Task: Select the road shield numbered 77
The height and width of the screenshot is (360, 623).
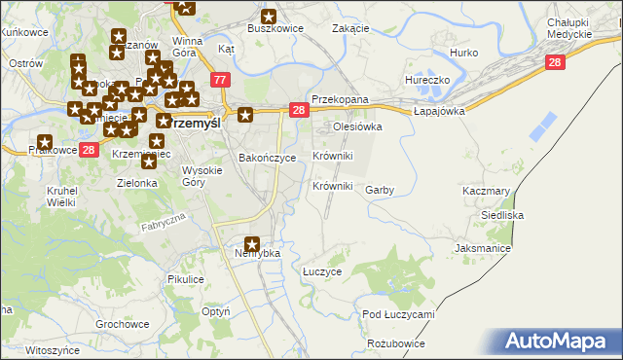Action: tap(220, 80)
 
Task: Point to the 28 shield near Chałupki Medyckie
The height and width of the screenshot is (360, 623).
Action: tap(555, 61)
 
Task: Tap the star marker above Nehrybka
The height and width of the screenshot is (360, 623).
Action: tap(253, 244)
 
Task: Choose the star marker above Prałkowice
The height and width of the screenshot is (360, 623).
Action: tap(44, 142)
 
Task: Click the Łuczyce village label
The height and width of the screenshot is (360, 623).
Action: tap(322, 272)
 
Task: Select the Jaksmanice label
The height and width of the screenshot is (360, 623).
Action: tap(482, 249)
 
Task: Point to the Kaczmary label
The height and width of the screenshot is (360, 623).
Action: tap(487, 191)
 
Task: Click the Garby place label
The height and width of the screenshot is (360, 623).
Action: tap(379, 191)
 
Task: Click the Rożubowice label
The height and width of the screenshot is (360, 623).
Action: tap(396, 344)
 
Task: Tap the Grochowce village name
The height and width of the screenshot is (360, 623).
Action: tap(122, 323)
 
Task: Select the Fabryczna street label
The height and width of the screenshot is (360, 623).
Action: tap(163, 225)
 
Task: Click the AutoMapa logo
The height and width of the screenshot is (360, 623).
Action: tap(560, 342)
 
